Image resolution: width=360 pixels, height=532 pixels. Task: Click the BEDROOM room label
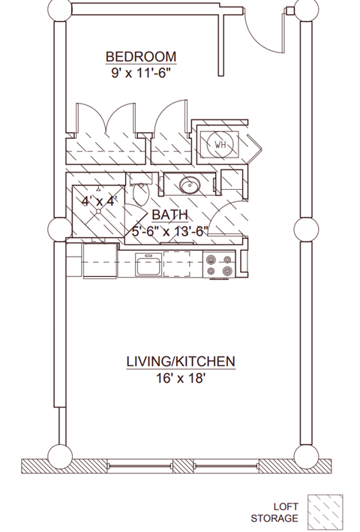point(141,57)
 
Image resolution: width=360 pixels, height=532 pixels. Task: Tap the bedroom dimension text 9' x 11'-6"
point(141,73)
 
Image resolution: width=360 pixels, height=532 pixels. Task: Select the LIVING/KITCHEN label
point(181,362)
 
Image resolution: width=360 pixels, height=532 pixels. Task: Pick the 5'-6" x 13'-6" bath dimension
point(170,232)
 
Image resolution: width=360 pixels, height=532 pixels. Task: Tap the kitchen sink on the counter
point(147,264)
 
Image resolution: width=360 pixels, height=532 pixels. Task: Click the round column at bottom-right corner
point(306,455)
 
